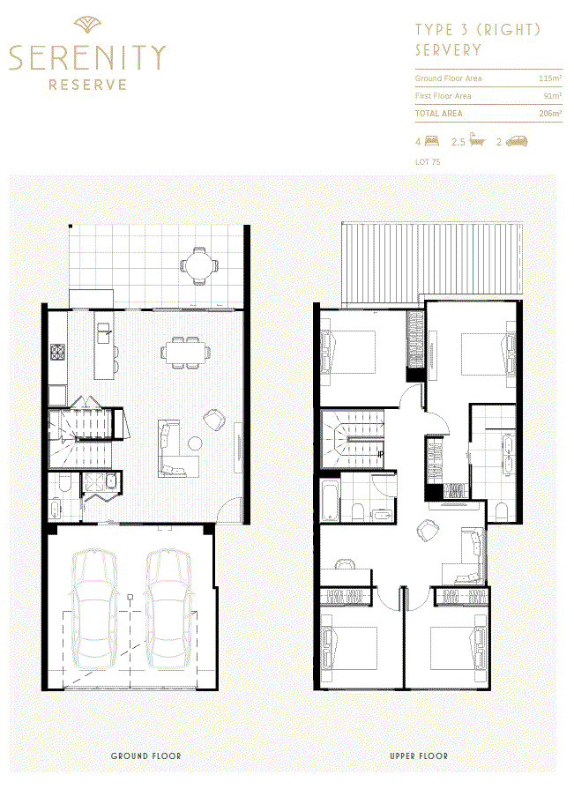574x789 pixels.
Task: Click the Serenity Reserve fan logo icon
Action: click(x=87, y=25)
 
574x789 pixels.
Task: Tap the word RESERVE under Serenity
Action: click(x=87, y=85)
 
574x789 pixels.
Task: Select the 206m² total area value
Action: click(x=550, y=113)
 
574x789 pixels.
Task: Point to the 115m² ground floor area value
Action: click(x=550, y=78)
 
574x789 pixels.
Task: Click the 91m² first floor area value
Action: click(x=553, y=95)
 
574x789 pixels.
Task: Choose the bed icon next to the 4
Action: click(x=432, y=141)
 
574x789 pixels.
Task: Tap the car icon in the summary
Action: click(x=517, y=141)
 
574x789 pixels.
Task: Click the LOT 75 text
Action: click(x=428, y=162)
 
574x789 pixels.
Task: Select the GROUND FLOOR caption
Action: click(x=145, y=756)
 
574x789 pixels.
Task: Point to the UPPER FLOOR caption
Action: click(x=419, y=756)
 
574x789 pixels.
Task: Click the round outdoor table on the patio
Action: click(x=200, y=265)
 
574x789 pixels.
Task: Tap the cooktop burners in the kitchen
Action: click(x=57, y=350)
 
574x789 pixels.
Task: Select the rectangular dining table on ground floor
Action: click(x=186, y=353)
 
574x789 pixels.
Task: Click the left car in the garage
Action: click(x=94, y=608)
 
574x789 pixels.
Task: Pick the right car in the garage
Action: click(x=168, y=608)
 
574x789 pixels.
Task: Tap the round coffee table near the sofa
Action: click(x=195, y=443)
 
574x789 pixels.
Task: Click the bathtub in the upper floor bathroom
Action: click(x=330, y=501)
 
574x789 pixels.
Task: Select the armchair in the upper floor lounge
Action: click(x=428, y=529)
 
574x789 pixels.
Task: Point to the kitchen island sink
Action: click(x=104, y=332)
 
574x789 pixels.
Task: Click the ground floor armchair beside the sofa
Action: click(x=215, y=420)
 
